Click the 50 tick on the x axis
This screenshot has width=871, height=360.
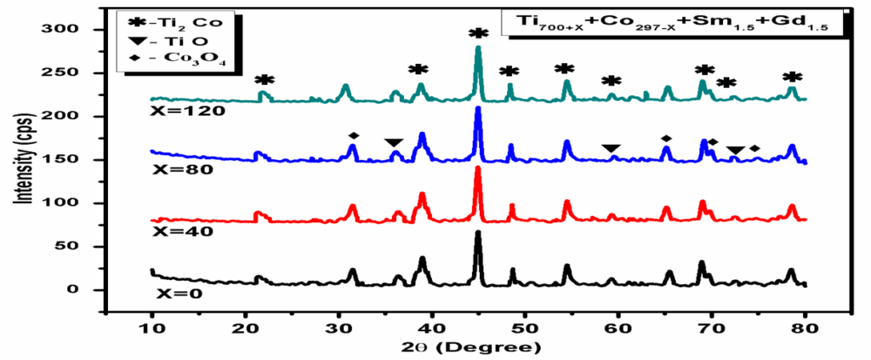coord(525,328)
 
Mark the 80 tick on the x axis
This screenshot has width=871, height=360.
coord(805,328)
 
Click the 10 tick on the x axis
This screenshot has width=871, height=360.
coord(152,328)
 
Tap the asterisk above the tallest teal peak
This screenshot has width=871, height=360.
coord(478,32)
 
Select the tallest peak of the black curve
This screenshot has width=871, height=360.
coord(478,232)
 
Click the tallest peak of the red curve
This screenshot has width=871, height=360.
coord(478,169)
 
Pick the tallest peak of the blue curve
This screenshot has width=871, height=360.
coord(478,108)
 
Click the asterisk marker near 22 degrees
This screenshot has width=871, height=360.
coord(265,79)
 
